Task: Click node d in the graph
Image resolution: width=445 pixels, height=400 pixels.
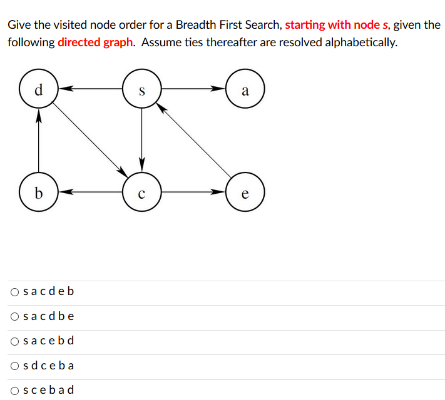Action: [39, 89]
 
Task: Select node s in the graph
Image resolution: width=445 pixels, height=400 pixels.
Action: [142, 89]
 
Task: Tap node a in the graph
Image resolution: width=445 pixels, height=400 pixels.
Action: [245, 89]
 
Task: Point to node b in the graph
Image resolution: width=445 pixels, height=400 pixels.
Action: [39, 192]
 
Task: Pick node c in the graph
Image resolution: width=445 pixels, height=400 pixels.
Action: [142, 192]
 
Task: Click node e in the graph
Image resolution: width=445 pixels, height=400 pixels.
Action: [245, 192]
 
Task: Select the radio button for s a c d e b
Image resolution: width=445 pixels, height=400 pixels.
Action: [14, 291]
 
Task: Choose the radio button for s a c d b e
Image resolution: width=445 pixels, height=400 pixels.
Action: [14, 316]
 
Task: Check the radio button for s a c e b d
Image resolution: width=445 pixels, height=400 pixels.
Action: [14, 341]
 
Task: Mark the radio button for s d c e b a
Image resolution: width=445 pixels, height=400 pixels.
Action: [14, 366]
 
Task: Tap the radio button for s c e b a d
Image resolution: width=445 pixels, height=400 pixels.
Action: [14, 390]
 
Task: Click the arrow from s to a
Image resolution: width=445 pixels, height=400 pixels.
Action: [193, 89]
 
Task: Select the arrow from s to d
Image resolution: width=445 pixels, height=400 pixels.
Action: [91, 89]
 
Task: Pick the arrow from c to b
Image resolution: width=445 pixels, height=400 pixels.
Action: [91, 192]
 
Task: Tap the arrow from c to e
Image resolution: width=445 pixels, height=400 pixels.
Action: [193, 192]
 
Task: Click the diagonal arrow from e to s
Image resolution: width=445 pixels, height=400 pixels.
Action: [193, 140]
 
